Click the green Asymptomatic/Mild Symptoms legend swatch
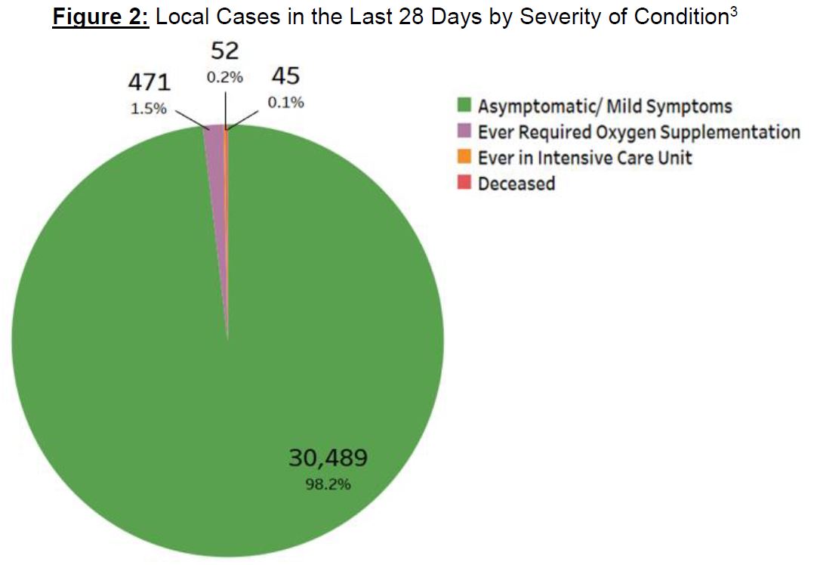pos(466,106)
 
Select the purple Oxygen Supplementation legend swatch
pos(466,131)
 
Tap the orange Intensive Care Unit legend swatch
pos(466,157)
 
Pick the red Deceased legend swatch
pos(466,183)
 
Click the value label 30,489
pos(328,458)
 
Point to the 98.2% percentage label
pos(328,484)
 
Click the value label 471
pos(148,83)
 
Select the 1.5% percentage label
pos(148,108)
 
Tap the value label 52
pos(225,51)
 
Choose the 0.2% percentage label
pos(225,77)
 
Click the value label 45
pos(285,76)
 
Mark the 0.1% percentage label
pos(285,102)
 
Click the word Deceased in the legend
pos(516,184)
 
